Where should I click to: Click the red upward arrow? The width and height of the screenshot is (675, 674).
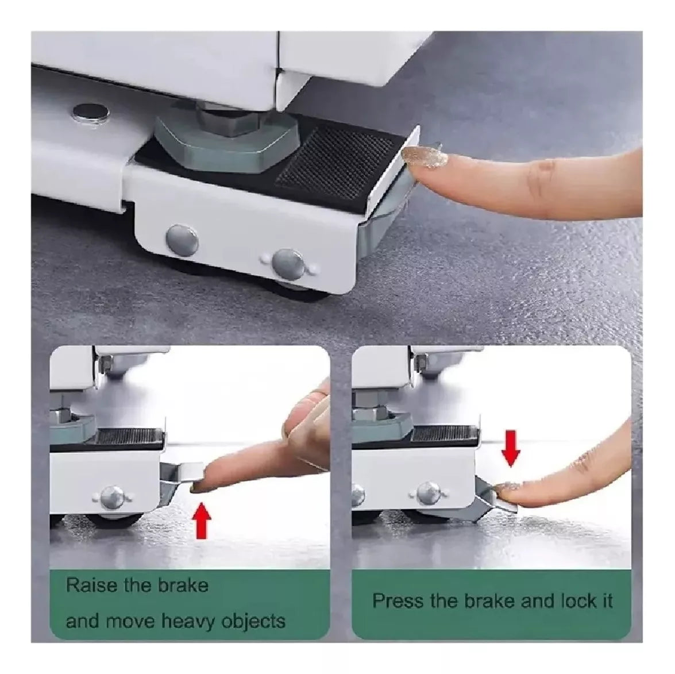coord(202,522)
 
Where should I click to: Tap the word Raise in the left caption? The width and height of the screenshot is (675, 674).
coord(91,586)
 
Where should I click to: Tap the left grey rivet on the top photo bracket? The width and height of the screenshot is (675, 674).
coord(183,240)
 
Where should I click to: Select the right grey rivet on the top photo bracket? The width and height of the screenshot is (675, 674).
coord(290,264)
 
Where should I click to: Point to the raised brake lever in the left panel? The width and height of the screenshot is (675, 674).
coord(181,475)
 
